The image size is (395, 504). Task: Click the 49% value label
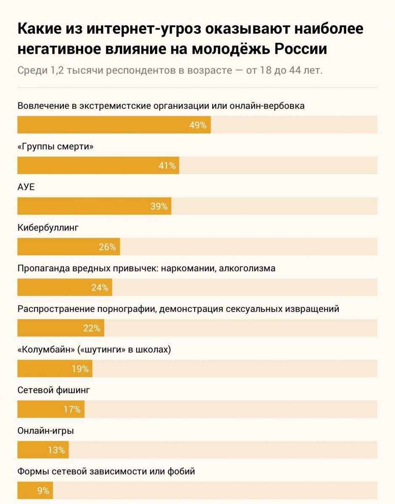tap(198, 125)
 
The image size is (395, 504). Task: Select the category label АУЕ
tap(26, 187)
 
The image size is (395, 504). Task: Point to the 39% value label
tap(159, 206)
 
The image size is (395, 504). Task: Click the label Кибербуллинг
tap(48, 228)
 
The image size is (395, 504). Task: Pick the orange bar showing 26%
tap(68, 247)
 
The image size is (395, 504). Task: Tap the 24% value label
tap(100, 288)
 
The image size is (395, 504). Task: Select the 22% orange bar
tap(61, 328)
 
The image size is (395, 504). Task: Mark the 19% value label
tap(80, 369)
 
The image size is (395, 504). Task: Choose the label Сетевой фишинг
tap(54, 390)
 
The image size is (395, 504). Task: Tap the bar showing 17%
tap(50, 409)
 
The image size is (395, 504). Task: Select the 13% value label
tap(56, 450)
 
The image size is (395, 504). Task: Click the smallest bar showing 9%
tap(35, 490)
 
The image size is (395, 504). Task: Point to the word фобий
tap(181, 471)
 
